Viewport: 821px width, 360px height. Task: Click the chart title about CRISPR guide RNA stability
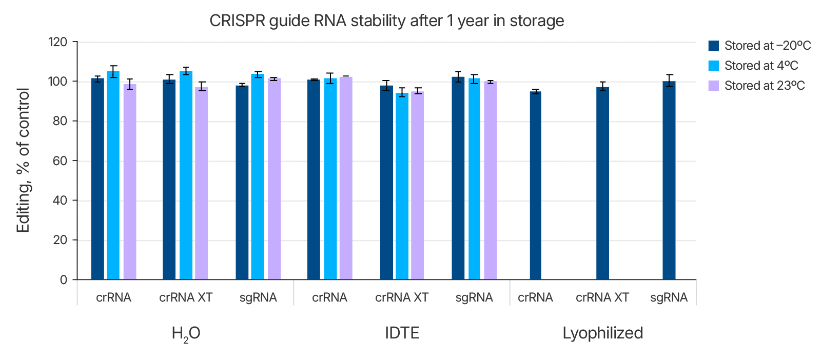[x=386, y=21]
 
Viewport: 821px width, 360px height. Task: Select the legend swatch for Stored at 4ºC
[x=713, y=66]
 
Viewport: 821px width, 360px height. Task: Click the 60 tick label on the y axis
[x=60, y=161]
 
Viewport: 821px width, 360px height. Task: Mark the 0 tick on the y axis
[x=64, y=279]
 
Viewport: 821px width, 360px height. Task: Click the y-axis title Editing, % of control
[x=24, y=161]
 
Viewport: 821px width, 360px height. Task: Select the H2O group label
[x=186, y=333]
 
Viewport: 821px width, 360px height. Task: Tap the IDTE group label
[x=402, y=333]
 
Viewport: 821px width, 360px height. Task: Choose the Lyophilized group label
[x=602, y=333]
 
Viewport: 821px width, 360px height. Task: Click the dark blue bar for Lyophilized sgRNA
[x=669, y=185]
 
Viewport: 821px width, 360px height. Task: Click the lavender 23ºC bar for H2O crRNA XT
[x=202, y=185]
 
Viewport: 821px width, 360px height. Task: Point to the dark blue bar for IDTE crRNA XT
[x=386, y=185]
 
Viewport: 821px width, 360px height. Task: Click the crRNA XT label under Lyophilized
[x=602, y=297]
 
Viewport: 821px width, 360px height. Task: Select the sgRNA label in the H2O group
[x=258, y=297]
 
